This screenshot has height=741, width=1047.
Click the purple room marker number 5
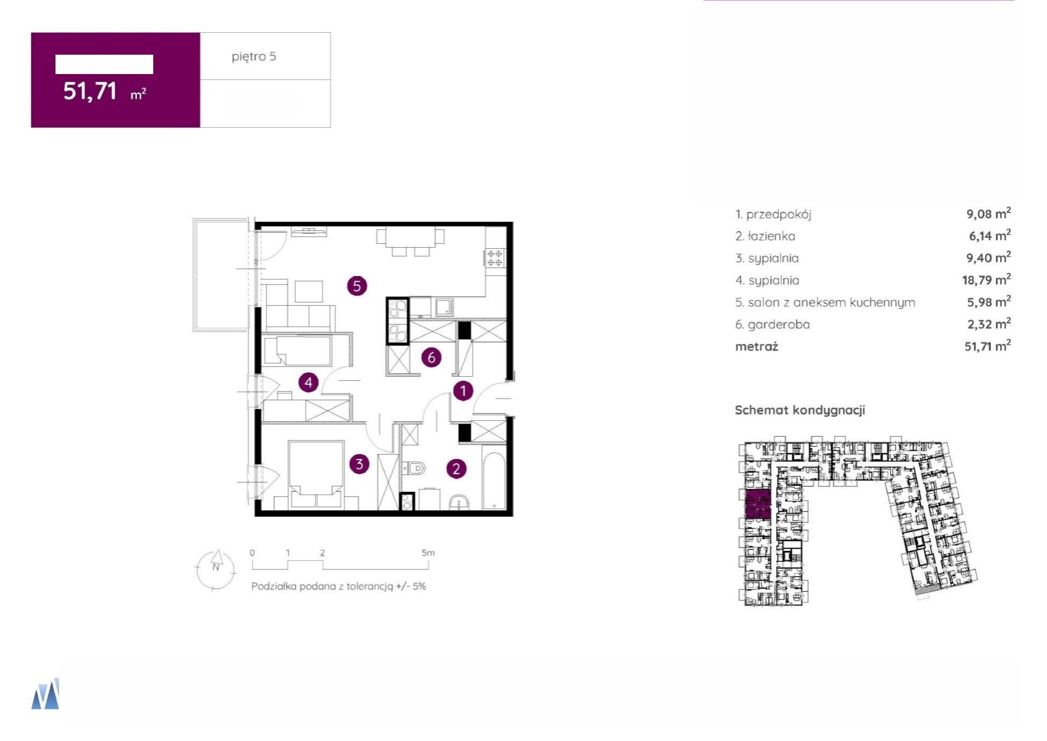357,286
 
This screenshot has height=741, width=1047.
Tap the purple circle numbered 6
431,358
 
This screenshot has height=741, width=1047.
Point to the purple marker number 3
359,464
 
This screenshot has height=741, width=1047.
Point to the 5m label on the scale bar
428,553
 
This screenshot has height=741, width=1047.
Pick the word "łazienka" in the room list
771,236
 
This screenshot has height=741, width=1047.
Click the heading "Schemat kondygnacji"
800,410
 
